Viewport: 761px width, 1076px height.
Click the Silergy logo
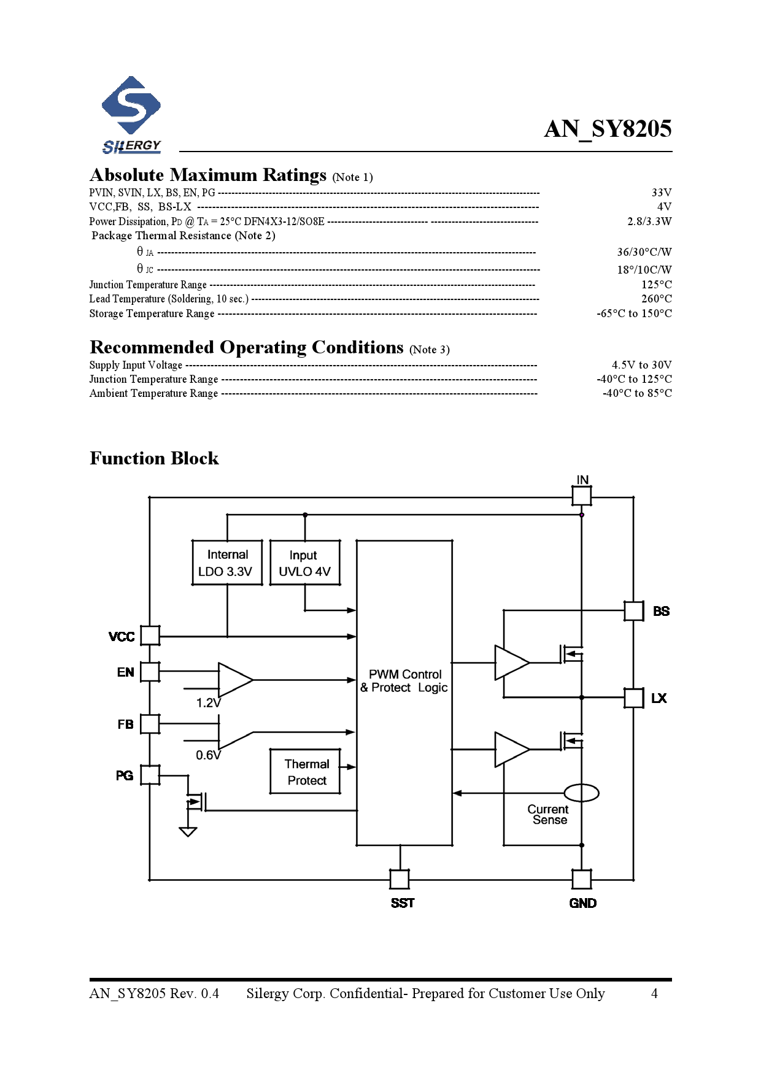(x=131, y=115)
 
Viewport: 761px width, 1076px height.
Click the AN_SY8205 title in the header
(x=608, y=129)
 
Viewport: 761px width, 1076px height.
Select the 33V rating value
(x=661, y=193)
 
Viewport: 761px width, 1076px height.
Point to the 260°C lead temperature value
(x=656, y=299)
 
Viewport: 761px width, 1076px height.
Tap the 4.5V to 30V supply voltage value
(x=641, y=365)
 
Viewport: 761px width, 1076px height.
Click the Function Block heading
(x=154, y=458)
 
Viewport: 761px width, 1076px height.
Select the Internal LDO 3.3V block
(x=227, y=563)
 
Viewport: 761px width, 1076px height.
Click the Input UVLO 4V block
(x=304, y=563)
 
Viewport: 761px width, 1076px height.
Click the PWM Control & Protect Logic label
(x=404, y=681)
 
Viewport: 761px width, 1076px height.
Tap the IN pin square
(x=582, y=496)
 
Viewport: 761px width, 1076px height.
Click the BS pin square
(x=633, y=611)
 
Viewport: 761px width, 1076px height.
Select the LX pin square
(x=633, y=698)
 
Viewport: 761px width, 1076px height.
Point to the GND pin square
(x=582, y=879)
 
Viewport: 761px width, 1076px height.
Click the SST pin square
(x=400, y=879)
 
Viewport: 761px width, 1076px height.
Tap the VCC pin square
(x=150, y=636)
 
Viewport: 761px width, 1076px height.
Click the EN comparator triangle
(x=234, y=680)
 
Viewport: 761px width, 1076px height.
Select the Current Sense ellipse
(x=581, y=793)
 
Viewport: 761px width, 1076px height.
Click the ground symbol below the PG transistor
(x=188, y=831)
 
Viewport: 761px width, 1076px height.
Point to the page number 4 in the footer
(x=654, y=994)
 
